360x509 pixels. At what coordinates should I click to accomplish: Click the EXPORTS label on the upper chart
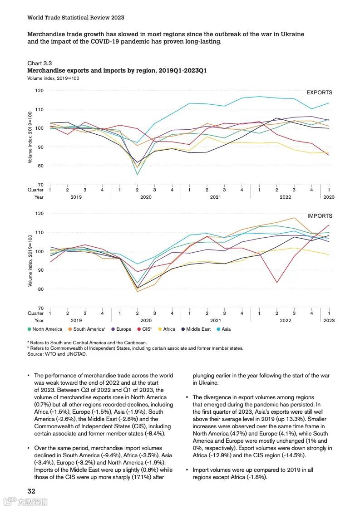[x=319, y=93]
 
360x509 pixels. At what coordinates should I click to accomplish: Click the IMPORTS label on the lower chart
[x=320, y=216]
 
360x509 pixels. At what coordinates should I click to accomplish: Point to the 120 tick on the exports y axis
[x=39, y=91]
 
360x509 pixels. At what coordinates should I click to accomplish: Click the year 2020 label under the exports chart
[x=146, y=197]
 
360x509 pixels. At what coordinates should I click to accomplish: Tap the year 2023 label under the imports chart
[x=329, y=320]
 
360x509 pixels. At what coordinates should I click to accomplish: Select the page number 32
[x=31, y=491]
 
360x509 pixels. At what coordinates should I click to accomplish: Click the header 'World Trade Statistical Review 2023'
[x=76, y=18]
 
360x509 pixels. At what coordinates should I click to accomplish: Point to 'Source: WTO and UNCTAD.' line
[x=57, y=354]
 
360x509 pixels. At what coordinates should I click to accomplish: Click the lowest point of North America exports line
[x=137, y=175]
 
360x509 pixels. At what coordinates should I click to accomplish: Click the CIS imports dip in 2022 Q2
[x=276, y=283]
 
